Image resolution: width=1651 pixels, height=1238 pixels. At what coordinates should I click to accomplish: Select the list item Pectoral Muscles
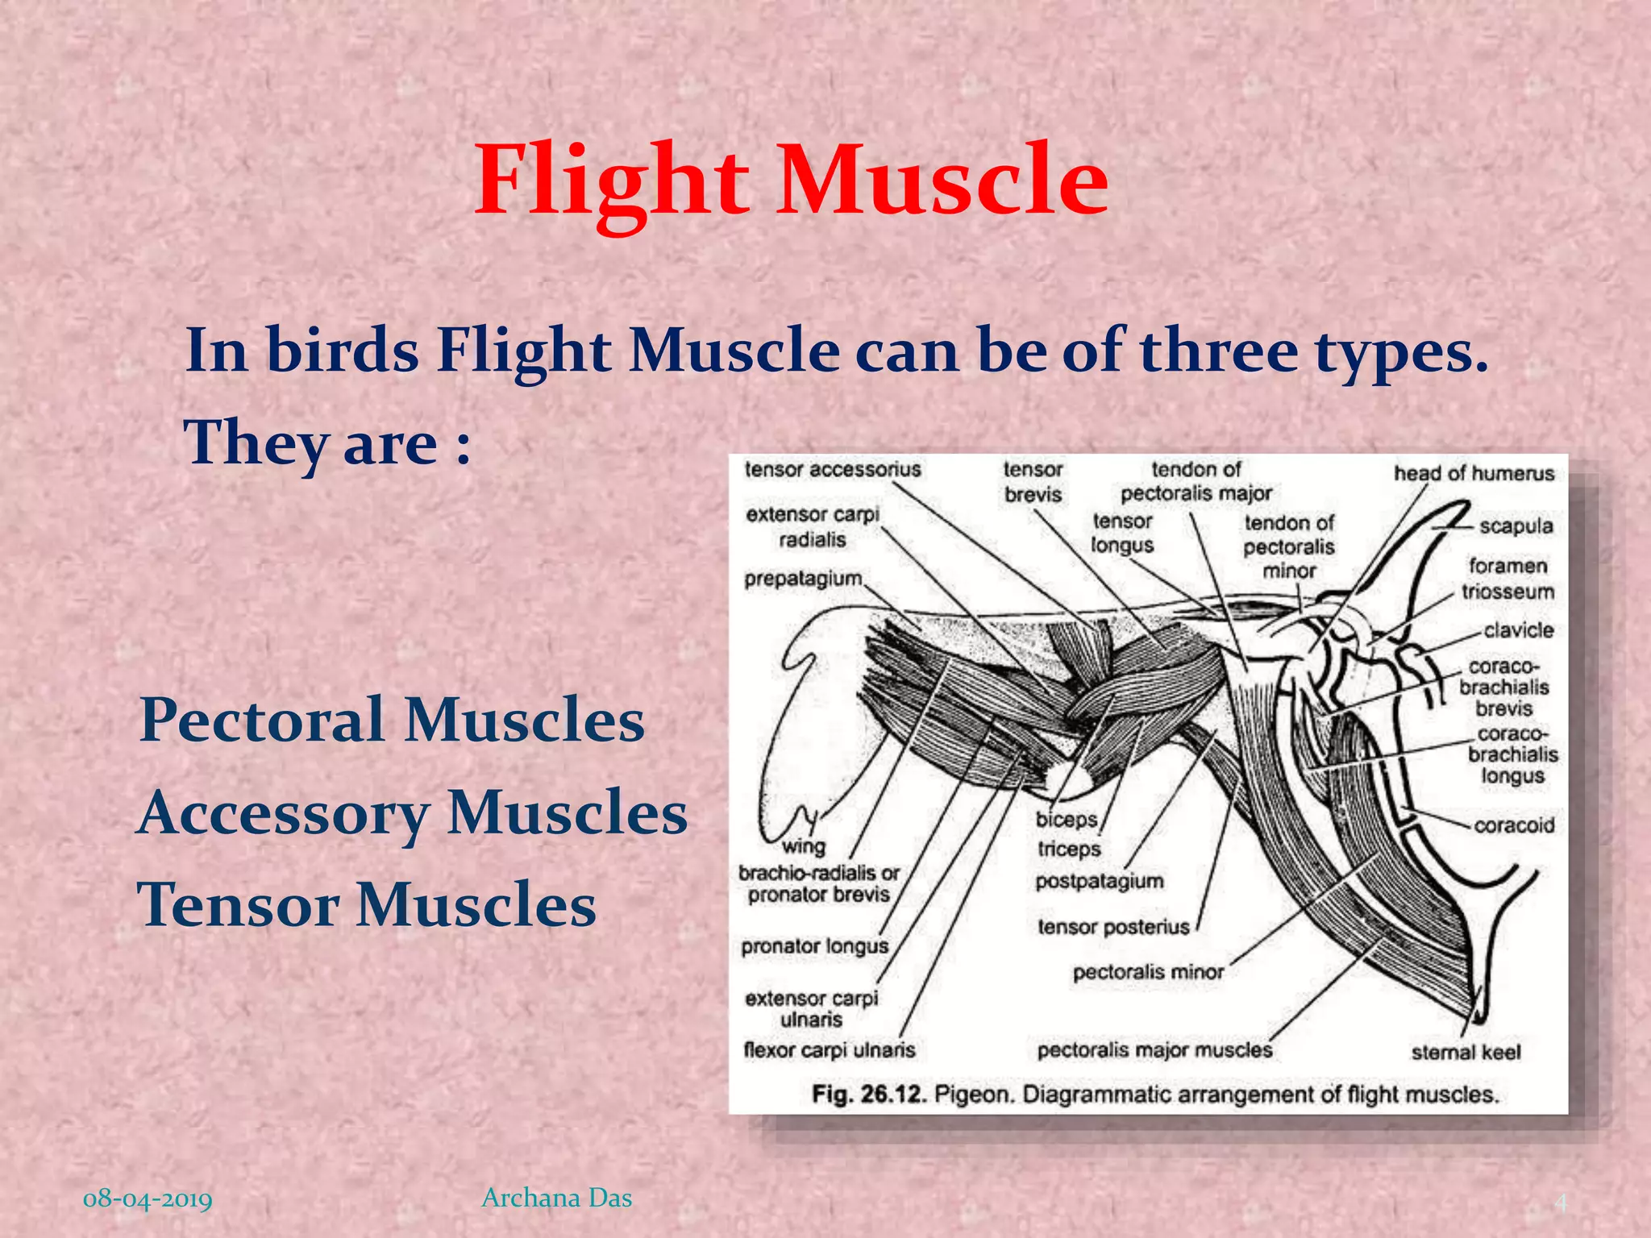392,720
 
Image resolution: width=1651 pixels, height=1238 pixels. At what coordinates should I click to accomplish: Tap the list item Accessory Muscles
412,812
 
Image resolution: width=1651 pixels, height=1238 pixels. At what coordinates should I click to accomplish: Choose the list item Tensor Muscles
367,905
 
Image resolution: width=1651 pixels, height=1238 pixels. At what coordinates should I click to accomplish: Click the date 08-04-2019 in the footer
148,1198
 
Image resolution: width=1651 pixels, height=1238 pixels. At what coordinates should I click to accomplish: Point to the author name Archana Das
556,1198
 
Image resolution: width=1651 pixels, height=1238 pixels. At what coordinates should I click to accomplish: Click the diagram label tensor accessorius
832,470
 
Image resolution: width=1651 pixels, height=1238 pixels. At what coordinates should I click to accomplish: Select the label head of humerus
1474,473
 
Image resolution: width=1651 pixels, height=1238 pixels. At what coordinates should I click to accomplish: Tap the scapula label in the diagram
1516,526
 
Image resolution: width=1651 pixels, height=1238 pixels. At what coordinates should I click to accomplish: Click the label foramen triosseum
1508,579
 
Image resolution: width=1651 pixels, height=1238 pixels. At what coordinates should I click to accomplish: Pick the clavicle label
1518,630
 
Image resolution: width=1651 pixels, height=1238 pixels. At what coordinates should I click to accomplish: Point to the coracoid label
1514,825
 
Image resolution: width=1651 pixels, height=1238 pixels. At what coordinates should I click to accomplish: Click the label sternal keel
1466,1053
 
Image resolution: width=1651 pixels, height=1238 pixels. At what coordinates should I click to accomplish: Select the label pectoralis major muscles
1154,1050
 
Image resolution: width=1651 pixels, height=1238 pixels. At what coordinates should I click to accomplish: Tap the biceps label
1067,820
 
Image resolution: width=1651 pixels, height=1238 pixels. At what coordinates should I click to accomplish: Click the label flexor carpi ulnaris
829,1050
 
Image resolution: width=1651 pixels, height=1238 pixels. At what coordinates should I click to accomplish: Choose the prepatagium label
803,579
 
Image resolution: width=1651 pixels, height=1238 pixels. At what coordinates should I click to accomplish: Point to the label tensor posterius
1113,927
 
